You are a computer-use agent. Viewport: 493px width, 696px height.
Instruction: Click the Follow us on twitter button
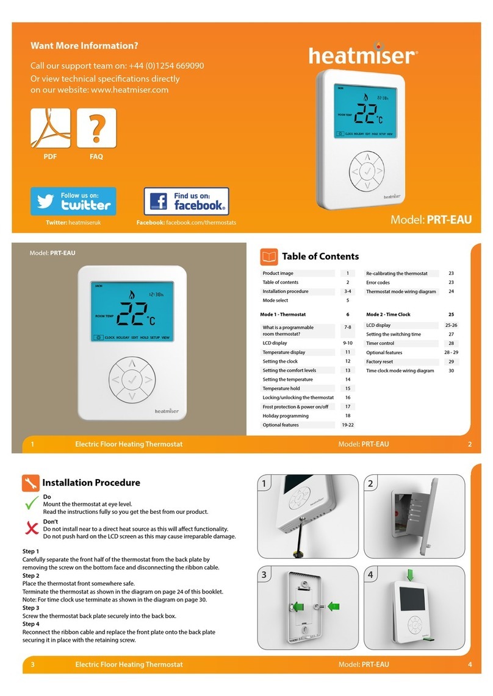coord(73,201)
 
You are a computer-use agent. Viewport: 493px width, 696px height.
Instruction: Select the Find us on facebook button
coord(186,201)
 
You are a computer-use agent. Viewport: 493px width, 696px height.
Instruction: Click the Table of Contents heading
coord(320,257)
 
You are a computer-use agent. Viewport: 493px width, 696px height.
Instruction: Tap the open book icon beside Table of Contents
coord(268,257)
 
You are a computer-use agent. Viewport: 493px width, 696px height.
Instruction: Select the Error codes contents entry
coord(378,283)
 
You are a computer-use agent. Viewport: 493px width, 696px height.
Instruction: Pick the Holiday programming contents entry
coord(286,416)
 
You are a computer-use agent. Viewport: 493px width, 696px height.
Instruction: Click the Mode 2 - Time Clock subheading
coord(388,314)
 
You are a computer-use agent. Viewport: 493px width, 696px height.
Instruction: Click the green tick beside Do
coord(31,504)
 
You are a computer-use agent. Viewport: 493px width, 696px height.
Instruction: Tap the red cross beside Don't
coord(31,528)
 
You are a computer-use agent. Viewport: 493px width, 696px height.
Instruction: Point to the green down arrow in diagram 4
coord(410,575)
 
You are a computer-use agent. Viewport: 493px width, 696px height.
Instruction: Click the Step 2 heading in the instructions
coord(31,575)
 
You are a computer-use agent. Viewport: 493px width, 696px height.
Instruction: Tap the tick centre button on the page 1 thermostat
coord(131,380)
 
